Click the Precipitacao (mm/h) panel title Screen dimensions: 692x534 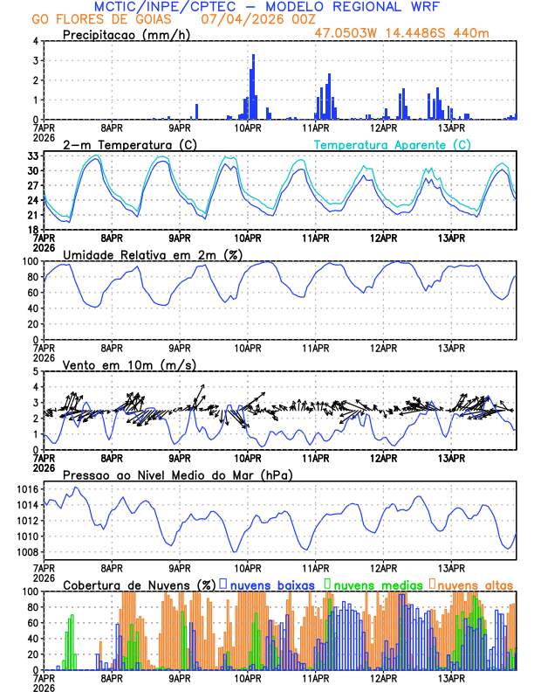(124, 35)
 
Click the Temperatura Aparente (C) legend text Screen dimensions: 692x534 (393, 144)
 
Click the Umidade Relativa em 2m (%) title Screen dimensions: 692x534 (153, 254)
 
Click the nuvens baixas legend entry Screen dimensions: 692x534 (270, 584)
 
